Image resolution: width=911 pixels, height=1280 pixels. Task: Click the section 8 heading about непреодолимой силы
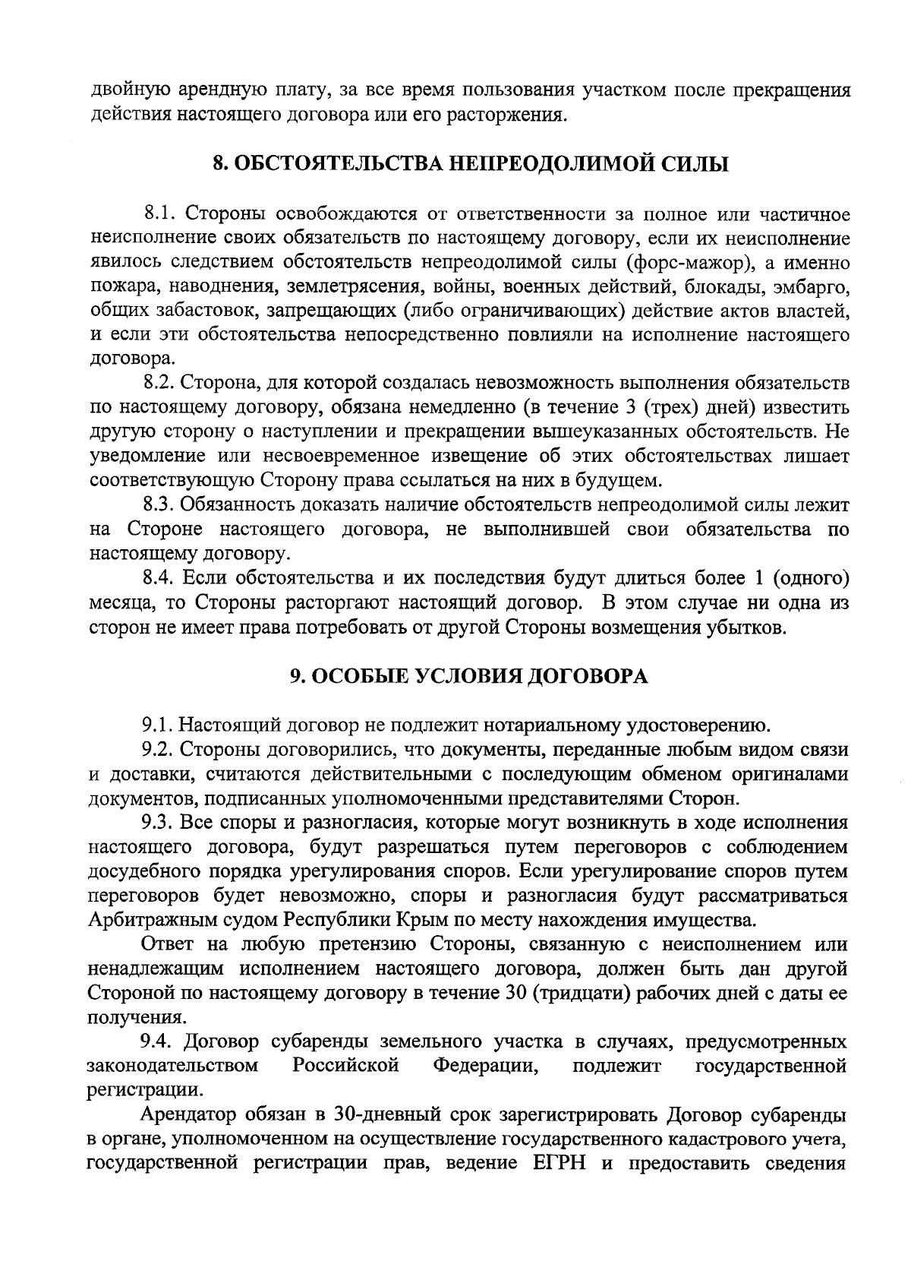[x=470, y=164]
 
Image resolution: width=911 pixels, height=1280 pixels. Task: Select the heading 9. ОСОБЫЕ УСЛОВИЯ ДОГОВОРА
[x=470, y=676]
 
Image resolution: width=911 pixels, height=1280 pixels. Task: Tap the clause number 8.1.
[x=160, y=214]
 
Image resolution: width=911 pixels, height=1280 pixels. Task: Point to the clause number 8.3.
[x=160, y=504]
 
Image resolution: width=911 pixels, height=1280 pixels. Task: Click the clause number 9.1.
[x=160, y=725]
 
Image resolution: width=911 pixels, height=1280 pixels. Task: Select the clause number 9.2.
[x=160, y=750]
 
